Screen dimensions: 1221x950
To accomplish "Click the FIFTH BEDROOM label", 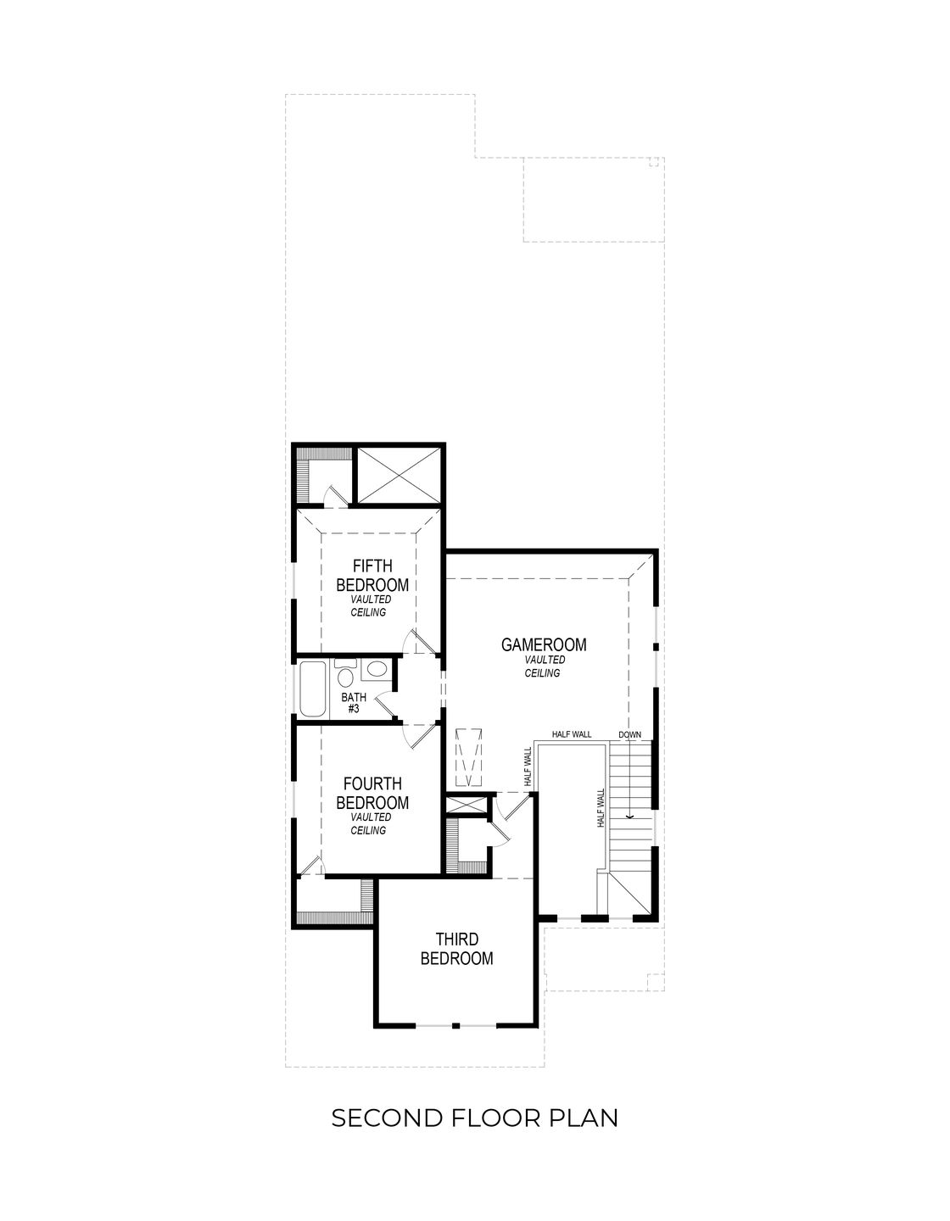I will (x=372, y=576).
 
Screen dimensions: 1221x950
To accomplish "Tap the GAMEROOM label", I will (x=544, y=645).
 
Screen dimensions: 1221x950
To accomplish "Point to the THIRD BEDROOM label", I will (x=456, y=949).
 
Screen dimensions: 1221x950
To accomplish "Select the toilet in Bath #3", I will (x=345, y=676).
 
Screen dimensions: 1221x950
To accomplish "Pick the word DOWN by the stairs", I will (x=629, y=734).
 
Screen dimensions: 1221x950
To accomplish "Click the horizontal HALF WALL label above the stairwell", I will (x=572, y=734).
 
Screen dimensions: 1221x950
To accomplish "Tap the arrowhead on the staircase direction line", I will (x=629, y=817).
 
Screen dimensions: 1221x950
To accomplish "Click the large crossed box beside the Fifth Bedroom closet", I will (x=397, y=475).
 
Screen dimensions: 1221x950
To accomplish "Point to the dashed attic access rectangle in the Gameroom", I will (x=468, y=756).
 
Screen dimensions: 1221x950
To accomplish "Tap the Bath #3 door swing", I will (x=386, y=701).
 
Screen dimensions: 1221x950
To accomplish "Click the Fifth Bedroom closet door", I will (x=335, y=495).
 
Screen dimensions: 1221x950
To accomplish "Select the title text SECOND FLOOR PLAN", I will (x=474, y=1118).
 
